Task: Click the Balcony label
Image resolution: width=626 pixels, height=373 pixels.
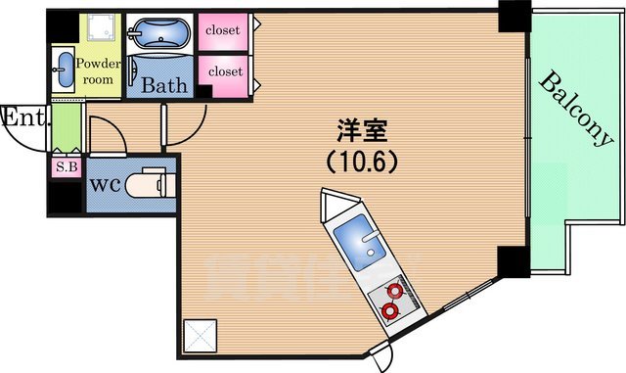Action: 575,110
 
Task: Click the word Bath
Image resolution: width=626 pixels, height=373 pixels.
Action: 164,85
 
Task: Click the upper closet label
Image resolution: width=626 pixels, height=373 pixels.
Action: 224,29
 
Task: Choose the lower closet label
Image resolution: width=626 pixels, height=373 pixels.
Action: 224,71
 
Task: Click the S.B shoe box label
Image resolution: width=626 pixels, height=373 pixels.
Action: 66,166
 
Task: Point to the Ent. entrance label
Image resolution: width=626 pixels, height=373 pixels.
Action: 22,118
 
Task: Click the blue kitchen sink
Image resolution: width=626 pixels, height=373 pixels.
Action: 353,241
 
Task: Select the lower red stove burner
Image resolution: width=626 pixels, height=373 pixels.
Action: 389,311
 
